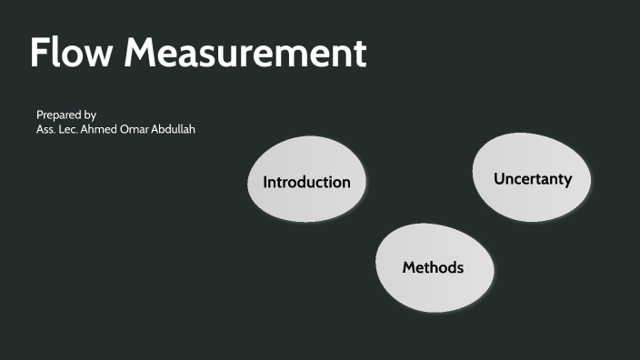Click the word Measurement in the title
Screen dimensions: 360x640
click(x=245, y=54)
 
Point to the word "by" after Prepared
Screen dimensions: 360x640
click(x=90, y=115)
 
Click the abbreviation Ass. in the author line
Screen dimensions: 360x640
click(x=46, y=130)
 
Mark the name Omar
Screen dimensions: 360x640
click(x=142, y=130)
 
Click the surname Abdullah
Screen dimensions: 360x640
click(x=177, y=130)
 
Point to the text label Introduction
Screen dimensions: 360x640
click(x=306, y=182)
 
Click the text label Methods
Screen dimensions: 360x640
click(x=434, y=267)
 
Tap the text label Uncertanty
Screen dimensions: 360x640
click(x=533, y=178)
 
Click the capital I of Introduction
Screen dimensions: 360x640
click(x=265, y=182)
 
